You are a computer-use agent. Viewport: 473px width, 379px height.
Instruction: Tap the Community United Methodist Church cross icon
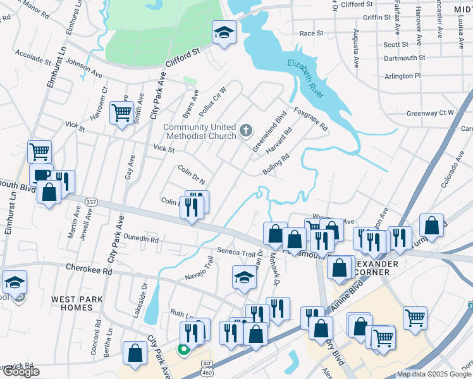[246, 131]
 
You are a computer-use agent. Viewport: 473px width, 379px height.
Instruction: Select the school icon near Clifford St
[223, 33]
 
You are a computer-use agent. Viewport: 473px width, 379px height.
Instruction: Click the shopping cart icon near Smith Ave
[121, 114]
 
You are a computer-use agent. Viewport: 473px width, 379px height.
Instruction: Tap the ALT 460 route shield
[207, 367]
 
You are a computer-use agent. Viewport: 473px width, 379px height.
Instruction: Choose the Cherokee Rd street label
[89, 268]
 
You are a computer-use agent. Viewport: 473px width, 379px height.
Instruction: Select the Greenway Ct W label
[430, 113]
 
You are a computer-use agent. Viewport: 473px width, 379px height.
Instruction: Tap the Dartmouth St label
[405, 57]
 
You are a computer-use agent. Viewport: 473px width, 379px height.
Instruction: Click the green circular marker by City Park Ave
[183, 349]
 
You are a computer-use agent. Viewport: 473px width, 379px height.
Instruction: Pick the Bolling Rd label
[276, 164]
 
